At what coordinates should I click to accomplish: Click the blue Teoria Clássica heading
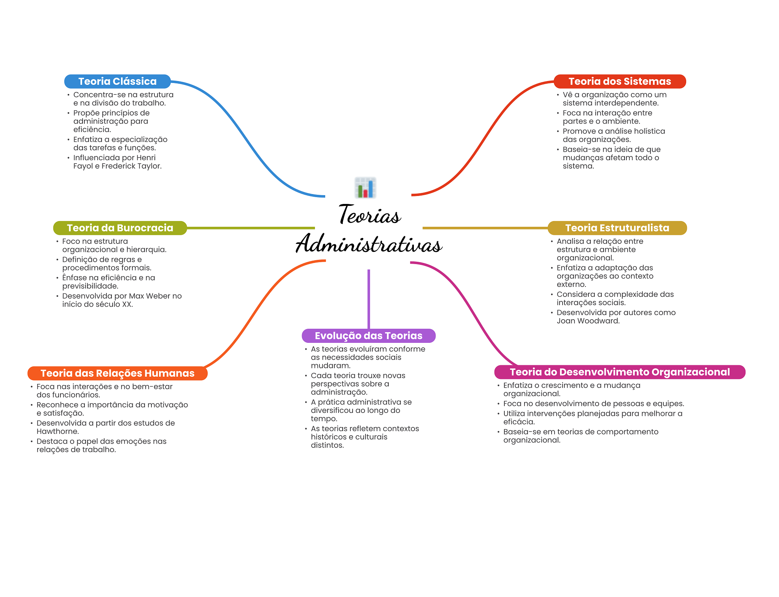117,81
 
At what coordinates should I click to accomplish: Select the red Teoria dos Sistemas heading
620,81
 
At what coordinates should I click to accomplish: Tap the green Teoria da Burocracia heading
120,228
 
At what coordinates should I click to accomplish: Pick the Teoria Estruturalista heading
617,228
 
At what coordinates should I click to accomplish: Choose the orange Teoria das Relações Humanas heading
117,373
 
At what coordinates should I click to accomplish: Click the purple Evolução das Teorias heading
368,336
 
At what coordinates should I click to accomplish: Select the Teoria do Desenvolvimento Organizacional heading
620,372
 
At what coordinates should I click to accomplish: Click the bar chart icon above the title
365,188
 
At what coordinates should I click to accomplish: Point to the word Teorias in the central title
369,215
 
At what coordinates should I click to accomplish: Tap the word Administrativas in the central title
369,244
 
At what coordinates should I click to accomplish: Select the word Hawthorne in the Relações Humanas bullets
57,431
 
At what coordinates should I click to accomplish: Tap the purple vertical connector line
369,299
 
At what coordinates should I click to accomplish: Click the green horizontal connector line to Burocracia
251,228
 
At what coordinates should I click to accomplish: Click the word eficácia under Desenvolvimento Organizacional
519,422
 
